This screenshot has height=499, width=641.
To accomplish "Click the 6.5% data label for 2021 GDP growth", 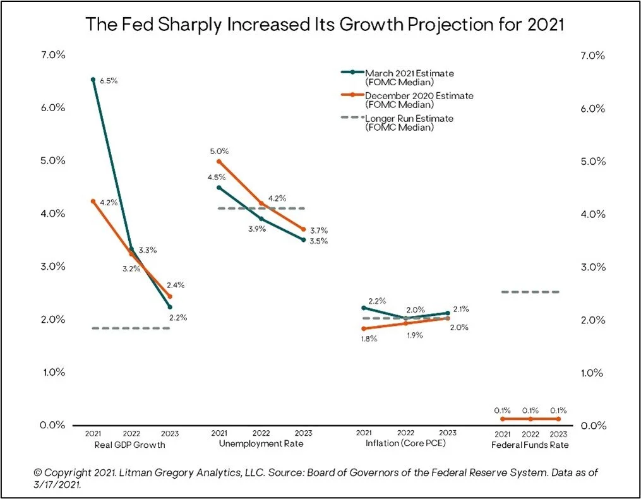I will pos(109,81).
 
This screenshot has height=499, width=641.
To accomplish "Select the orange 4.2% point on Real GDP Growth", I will pos(93,201).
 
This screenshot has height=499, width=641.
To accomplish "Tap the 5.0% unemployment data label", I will pos(220,152).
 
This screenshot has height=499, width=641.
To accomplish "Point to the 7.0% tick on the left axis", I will pos(53,55).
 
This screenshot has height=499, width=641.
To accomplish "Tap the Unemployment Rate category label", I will pos(261,444).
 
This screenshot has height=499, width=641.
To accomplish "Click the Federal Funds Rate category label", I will pos(530,445).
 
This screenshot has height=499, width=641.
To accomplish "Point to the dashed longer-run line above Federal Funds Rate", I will pos(530,292).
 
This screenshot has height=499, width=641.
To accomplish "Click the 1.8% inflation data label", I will pos(369,339).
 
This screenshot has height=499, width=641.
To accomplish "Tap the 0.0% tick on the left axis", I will pos(53,425).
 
